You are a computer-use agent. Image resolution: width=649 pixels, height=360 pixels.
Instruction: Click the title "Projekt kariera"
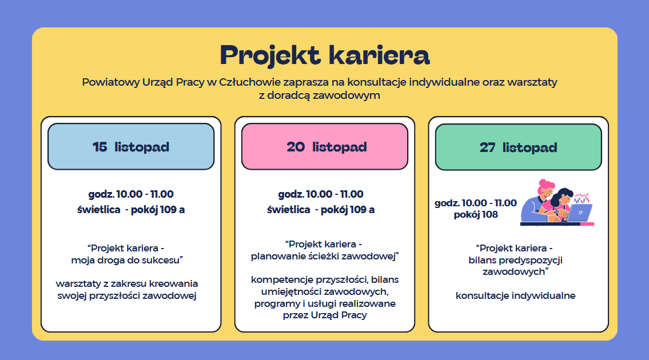point(325,55)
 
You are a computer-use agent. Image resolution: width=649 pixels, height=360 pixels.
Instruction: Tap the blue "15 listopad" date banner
point(131,146)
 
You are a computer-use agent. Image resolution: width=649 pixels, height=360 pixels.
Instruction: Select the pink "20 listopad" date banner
point(325,146)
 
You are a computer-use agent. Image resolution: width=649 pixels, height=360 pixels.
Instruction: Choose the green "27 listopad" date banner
point(518,147)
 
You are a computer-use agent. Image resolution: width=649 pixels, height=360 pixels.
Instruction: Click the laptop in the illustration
point(579,212)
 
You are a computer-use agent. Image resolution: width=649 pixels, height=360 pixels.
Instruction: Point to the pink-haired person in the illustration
point(538,201)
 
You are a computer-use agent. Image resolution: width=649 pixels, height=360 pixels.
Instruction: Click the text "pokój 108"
point(476,215)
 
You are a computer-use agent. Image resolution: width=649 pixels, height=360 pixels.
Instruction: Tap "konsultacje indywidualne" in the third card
point(515,295)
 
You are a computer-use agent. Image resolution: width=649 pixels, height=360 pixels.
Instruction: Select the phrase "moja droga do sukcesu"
point(126,260)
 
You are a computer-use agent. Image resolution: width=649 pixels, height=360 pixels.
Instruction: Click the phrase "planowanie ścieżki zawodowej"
point(323,256)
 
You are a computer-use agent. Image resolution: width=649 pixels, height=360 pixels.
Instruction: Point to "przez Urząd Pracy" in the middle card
point(325,315)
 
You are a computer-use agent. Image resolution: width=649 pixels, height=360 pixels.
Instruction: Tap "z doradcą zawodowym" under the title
point(320,95)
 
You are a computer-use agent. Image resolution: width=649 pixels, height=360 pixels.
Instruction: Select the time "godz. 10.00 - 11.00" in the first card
point(131,194)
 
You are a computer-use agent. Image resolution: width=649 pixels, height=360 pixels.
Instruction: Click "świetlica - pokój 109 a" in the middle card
point(321,210)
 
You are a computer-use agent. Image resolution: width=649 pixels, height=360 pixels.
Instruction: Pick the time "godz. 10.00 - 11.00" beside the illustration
point(476,203)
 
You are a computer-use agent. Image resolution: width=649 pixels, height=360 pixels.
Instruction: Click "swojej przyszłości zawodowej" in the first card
point(126,296)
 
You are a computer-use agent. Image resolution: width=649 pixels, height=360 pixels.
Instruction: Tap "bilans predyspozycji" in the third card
point(515,260)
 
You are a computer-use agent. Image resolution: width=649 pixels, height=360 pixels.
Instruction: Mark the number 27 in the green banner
point(487,147)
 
